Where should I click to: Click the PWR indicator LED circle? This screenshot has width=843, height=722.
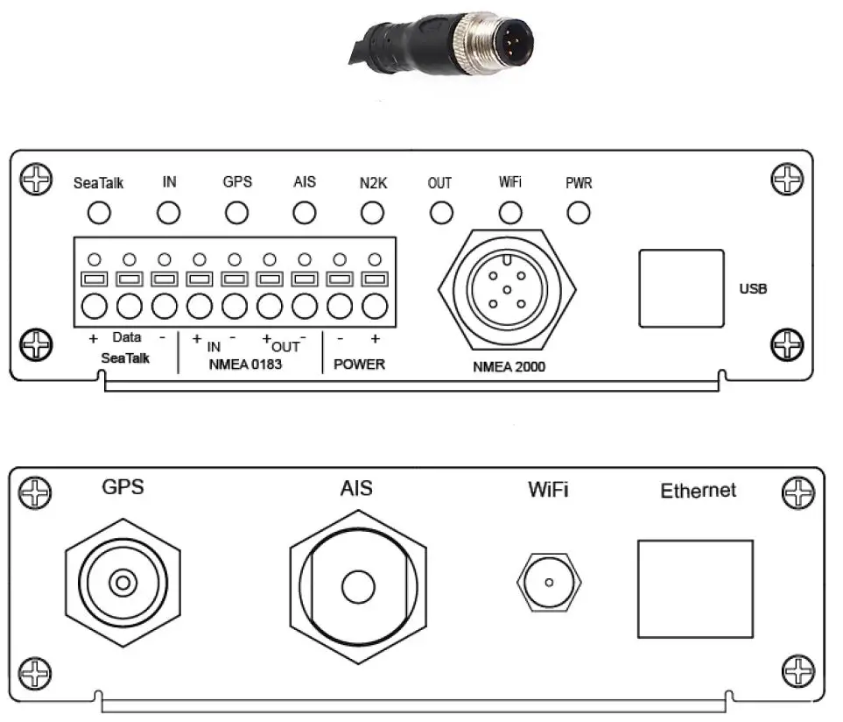578,212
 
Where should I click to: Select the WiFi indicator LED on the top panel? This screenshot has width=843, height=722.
509,212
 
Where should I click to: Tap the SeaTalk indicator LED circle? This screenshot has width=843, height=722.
100,212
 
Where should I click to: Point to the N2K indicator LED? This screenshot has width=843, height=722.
373,212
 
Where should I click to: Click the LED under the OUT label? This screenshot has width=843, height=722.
441,212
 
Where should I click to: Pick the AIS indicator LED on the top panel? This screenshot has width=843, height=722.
304,212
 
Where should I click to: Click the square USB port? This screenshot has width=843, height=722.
681,288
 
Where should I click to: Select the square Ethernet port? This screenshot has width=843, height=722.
694,588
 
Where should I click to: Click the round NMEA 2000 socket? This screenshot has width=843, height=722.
507,289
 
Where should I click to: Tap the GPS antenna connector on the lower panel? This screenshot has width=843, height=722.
123,582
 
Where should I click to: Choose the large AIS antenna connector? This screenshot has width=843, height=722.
357,584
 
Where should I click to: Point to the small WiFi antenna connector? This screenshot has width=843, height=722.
549,583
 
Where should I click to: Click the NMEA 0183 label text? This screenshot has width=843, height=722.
246,364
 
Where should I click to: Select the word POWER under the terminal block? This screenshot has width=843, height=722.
359,364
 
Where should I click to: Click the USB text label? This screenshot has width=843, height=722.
753,288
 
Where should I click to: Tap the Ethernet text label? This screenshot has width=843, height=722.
698,491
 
